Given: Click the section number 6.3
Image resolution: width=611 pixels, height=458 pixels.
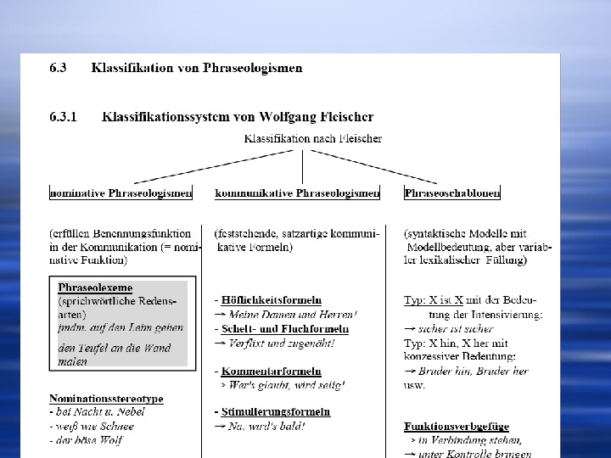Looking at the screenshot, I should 59,67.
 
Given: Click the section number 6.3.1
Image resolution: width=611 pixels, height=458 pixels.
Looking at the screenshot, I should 64,117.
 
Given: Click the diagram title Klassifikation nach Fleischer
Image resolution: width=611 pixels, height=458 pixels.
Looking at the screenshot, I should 313,137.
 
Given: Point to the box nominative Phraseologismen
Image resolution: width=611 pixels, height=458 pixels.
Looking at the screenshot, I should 121,193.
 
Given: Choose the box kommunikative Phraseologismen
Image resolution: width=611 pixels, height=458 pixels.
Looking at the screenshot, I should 297,193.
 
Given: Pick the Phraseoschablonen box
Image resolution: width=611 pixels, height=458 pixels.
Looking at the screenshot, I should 452,193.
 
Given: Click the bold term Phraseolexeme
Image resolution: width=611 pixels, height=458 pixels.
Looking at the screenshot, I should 95,288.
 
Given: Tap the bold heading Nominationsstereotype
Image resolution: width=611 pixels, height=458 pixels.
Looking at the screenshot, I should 106,399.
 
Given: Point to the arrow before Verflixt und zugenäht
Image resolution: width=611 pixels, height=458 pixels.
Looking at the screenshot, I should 220,343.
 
